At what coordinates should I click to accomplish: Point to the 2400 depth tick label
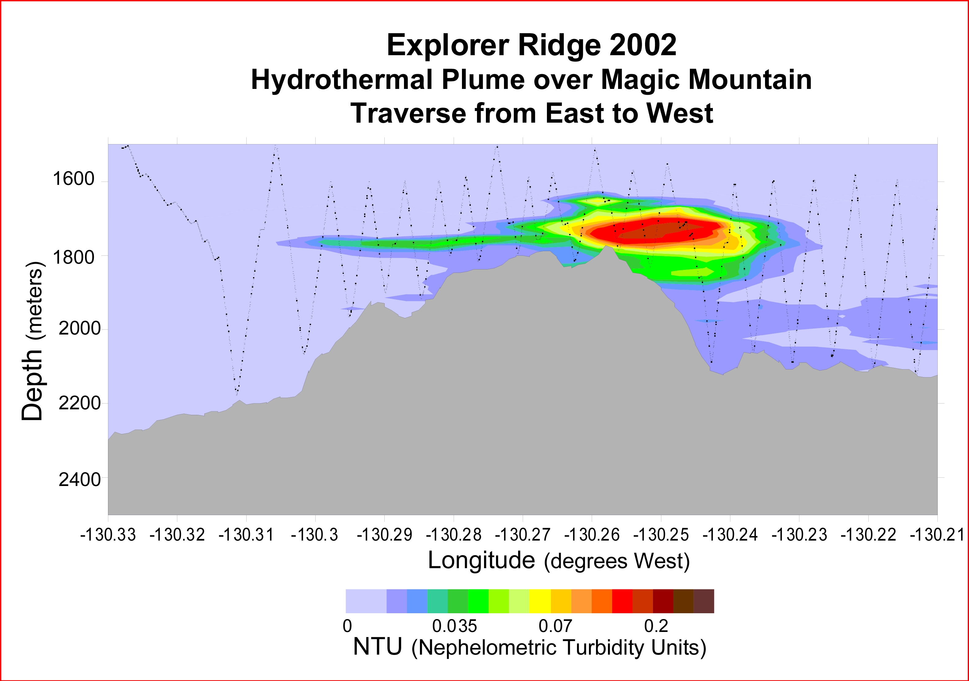click(x=80, y=480)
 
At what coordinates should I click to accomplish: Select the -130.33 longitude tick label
click(x=108, y=535)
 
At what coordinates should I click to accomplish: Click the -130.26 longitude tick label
click(x=592, y=535)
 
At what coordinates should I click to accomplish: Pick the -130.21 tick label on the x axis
click(x=937, y=535)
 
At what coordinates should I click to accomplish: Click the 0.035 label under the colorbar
click(x=455, y=626)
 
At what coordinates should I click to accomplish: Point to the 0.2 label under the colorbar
click(x=656, y=626)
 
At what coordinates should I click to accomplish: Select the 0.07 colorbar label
click(x=556, y=626)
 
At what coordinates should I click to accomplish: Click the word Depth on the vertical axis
click(x=33, y=384)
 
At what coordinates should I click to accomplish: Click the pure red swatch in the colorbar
click(x=622, y=601)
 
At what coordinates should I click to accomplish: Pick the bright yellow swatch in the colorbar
click(x=540, y=601)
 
